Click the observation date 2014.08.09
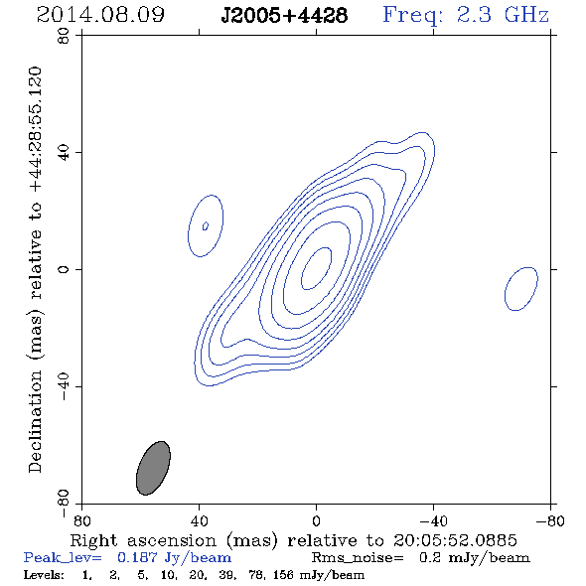tap(100, 15)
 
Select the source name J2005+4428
tap(284, 15)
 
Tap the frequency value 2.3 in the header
tap(474, 15)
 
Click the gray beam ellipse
tap(153, 468)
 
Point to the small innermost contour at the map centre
tap(316, 268)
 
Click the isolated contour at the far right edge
tap(521, 289)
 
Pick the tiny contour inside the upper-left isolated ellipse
tap(206, 226)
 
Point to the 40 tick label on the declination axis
tap(64, 153)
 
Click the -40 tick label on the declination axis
tap(64, 386)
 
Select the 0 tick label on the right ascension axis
tap(316, 521)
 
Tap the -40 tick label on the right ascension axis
tap(433, 521)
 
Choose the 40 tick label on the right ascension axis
tap(200, 521)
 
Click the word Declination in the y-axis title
tap(35, 422)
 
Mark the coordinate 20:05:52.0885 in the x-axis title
tap(455, 540)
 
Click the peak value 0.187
tap(136, 557)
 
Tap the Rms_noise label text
tap(358, 558)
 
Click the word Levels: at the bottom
tap(44, 574)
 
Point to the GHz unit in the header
tap(526, 15)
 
